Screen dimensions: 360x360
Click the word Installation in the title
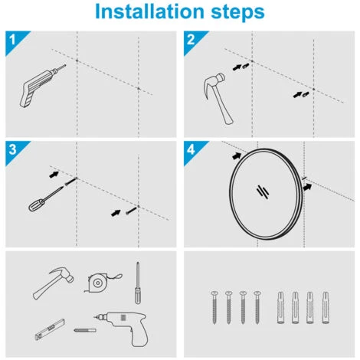[x=149, y=11]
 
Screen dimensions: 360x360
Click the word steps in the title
[x=237, y=12]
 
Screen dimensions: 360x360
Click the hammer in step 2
[x=217, y=97]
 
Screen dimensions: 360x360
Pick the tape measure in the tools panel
[x=101, y=283]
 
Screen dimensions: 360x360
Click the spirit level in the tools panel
[x=50, y=330]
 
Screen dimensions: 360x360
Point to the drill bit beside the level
[x=85, y=330]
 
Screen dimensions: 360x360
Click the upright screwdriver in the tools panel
[x=138, y=283]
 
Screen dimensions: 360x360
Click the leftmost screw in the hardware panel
[x=214, y=307]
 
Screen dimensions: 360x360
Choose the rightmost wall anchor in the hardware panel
[x=326, y=307]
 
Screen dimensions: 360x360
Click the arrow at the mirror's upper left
[x=237, y=155]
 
